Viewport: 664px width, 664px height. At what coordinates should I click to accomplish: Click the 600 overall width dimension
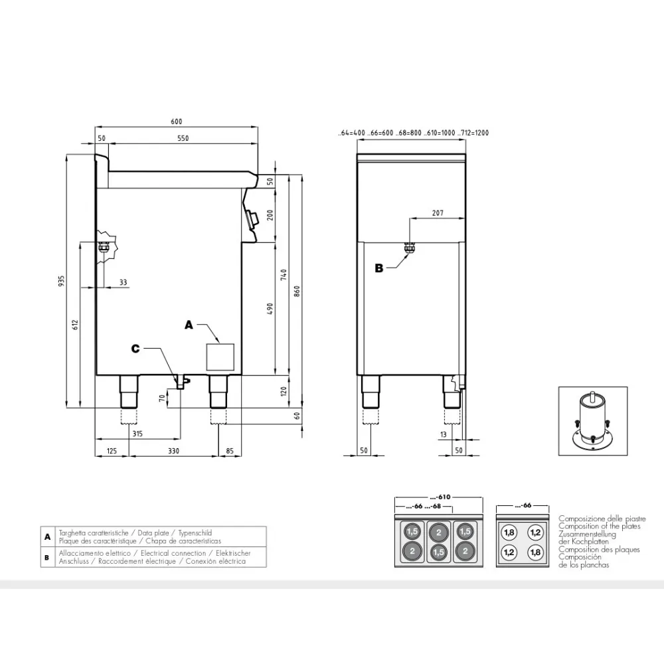176,122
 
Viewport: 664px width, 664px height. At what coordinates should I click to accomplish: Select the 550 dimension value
183,138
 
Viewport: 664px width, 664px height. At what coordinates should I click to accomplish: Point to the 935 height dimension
62,281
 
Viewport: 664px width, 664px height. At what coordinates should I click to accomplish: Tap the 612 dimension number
75,325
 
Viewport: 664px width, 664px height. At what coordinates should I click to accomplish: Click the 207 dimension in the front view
436,213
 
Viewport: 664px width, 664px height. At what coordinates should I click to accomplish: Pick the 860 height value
297,291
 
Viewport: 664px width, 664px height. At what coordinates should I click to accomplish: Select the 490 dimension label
270,308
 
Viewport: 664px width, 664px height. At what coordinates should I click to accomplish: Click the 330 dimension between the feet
173,452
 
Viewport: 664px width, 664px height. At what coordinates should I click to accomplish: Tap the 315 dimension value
137,434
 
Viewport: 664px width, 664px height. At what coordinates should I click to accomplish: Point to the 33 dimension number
123,282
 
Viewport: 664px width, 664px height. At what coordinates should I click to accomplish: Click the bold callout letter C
135,349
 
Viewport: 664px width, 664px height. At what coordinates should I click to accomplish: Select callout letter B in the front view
379,268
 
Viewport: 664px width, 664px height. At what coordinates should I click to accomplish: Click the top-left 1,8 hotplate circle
509,532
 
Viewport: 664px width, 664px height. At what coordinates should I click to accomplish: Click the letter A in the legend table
46,537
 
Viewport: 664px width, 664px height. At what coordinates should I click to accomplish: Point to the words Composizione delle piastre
602,519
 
